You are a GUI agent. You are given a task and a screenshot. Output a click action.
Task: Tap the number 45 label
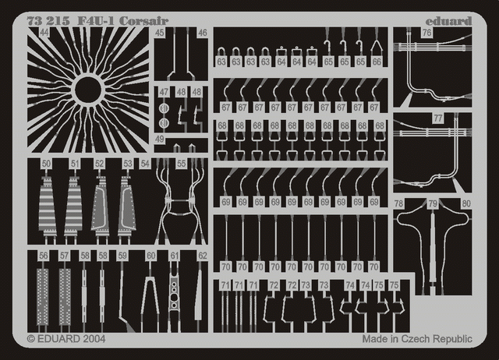pyautogui.click(x=159, y=33)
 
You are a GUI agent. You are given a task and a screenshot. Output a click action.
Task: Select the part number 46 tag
pyautogui.click(x=202, y=33)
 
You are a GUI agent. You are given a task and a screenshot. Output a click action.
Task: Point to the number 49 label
pyautogui.click(x=159, y=139)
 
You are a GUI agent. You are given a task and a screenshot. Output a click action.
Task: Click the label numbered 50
pyautogui.click(x=47, y=164)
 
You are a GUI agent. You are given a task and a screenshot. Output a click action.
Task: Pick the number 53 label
pyautogui.click(x=127, y=164)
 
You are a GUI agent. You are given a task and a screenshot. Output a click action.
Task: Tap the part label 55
pyautogui.click(x=181, y=164)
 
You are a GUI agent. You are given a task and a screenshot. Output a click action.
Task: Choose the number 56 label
pyautogui.click(x=43, y=256)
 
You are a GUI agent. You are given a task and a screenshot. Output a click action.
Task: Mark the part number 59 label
pyautogui.click(x=122, y=256)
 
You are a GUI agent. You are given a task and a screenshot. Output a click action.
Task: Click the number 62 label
pyautogui.click(x=202, y=256)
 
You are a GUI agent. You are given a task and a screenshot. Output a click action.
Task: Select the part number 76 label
pyautogui.click(x=426, y=33)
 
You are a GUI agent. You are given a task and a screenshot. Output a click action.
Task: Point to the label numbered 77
pyautogui.click(x=438, y=118)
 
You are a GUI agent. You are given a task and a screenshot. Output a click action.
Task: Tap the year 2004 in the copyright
pyautogui.click(x=90, y=340)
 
